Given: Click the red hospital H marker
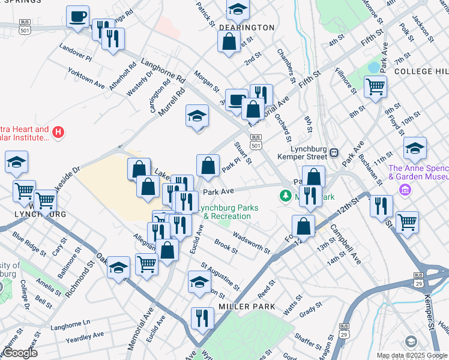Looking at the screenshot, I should [x=58, y=132].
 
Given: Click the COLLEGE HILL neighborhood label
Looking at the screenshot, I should [x=421, y=71].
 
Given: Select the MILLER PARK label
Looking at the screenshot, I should [x=247, y=307].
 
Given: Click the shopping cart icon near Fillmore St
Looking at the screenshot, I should [x=375, y=86].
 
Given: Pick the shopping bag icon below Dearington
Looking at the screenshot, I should [x=229, y=42].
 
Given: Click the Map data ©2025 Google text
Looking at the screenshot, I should [x=412, y=356].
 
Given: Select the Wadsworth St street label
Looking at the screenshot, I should [x=251, y=244].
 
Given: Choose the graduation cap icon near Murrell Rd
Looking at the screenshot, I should [x=196, y=116].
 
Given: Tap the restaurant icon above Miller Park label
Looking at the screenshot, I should [x=202, y=317].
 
